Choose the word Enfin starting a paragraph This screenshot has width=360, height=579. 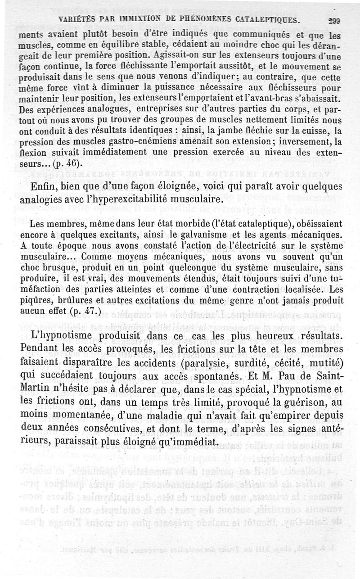click(x=45, y=187)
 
